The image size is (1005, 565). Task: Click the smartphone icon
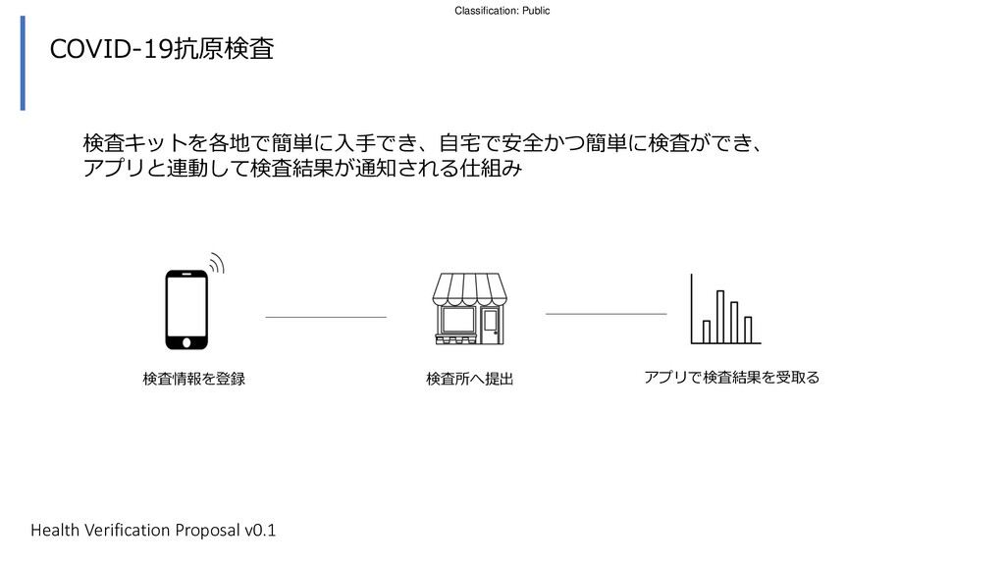tap(186, 309)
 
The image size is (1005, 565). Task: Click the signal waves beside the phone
tap(216, 262)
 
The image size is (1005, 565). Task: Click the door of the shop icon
tap(490, 324)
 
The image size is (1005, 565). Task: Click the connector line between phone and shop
tap(326, 317)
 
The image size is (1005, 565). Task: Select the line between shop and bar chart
tap(606, 313)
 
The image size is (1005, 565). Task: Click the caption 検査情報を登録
tap(193, 378)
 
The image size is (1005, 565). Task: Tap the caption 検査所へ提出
tap(469, 379)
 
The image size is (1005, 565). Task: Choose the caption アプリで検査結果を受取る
tap(731, 377)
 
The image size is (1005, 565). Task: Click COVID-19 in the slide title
tap(111, 49)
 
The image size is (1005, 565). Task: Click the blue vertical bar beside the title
tap(23, 63)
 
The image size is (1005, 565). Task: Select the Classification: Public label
tap(502, 10)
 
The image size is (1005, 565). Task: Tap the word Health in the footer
tap(54, 531)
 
